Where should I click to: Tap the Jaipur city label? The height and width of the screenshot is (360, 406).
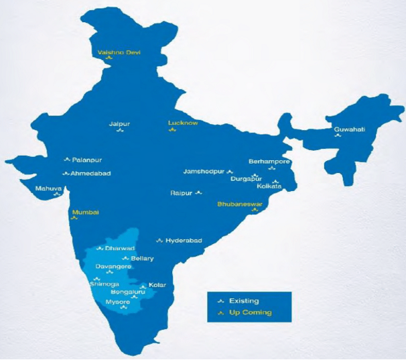(119, 123)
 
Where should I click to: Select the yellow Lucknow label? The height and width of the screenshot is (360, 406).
(183, 123)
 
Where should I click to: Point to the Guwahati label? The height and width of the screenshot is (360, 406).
(349, 129)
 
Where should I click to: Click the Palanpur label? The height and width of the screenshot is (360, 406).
(86, 160)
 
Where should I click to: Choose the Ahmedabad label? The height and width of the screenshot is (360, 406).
(90, 174)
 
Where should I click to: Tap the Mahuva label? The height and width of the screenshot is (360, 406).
(48, 188)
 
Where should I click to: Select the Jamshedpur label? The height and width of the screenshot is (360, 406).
(204, 172)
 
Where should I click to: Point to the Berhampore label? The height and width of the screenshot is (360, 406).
(269, 162)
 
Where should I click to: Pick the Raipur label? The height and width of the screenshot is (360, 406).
(181, 193)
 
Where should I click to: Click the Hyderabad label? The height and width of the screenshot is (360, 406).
(184, 240)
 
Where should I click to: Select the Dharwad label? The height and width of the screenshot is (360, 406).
(120, 248)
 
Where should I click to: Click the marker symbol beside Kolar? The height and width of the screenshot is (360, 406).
(143, 286)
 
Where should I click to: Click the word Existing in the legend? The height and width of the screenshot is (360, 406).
(244, 301)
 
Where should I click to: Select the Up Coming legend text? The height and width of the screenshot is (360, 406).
(250, 312)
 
